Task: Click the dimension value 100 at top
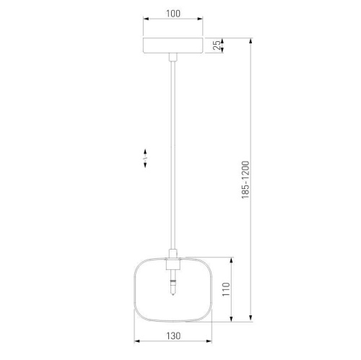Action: pos(173,14)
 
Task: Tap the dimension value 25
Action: pos(217,45)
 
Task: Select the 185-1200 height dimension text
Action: pos(245,180)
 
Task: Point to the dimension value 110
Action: pos(226,289)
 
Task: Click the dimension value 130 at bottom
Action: pos(173,335)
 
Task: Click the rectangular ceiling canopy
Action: pos(173,45)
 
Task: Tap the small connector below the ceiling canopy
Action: pos(173,57)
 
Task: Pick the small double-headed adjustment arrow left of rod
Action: pos(145,158)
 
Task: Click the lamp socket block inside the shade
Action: pos(173,264)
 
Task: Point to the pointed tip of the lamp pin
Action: pos(173,295)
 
